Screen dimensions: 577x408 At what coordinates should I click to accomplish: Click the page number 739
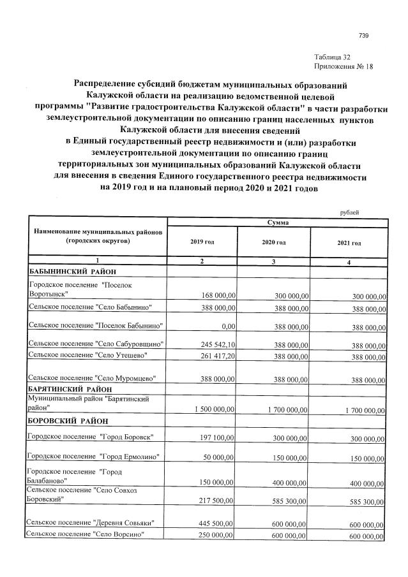[x=364, y=35]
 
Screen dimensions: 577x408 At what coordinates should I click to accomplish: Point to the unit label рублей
[x=349, y=212]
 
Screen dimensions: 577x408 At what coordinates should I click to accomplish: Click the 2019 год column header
[x=202, y=243]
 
